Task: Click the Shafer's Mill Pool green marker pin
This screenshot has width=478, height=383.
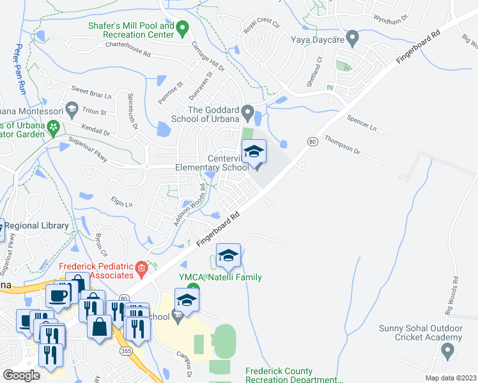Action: tap(182, 27)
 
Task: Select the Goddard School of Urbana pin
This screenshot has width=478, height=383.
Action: tap(249, 110)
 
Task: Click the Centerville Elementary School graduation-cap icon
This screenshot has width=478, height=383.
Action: tap(254, 152)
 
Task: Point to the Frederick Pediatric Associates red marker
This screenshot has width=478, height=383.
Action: tap(141, 271)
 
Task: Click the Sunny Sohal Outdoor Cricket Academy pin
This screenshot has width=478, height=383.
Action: tap(447, 350)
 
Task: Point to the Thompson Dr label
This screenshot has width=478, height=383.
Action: tap(343, 144)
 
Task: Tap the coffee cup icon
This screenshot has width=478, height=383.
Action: tap(58, 296)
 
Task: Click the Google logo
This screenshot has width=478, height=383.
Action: tap(21, 375)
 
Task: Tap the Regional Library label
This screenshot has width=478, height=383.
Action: tap(37, 226)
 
